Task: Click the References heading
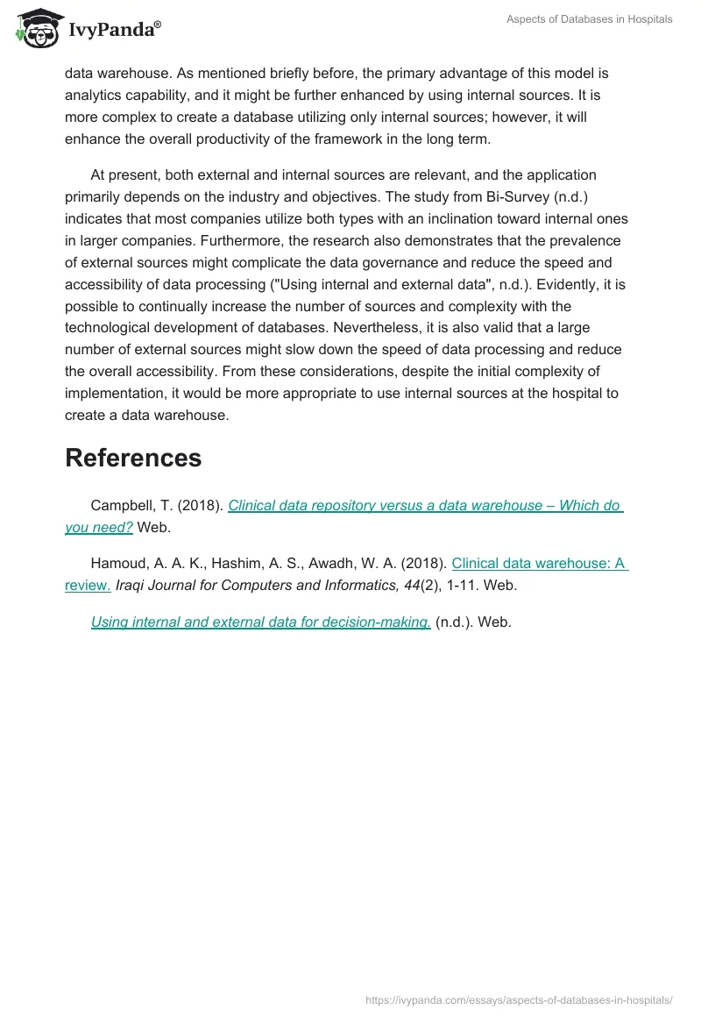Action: (x=133, y=458)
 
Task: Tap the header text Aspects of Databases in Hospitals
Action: (x=589, y=19)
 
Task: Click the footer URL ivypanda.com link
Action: (x=519, y=999)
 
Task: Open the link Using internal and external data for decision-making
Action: (x=260, y=622)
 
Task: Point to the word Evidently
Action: (x=570, y=284)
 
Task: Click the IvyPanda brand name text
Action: (x=114, y=31)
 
